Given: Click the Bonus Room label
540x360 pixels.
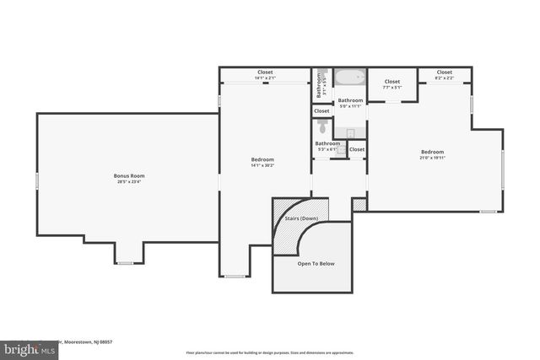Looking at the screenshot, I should (x=129, y=175).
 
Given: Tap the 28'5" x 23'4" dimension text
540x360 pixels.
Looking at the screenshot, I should (x=129, y=181).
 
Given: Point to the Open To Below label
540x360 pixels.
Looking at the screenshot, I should (x=316, y=264).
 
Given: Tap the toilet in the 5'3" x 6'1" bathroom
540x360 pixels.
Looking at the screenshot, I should (x=321, y=126).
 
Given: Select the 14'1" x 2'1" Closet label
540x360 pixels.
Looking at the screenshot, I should (x=265, y=75).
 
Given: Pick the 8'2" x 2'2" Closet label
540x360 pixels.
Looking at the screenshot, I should (x=444, y=75).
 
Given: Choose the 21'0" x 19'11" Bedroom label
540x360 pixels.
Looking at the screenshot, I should (x=433, y=154).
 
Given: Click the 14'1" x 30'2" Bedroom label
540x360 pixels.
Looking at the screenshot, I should (x=262, y=162).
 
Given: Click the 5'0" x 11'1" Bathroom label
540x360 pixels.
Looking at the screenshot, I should (x=349, y=103).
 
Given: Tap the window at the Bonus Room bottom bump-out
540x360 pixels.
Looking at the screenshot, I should (x=125, y=263).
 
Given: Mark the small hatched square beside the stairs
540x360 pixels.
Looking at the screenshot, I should (x=359, y=204).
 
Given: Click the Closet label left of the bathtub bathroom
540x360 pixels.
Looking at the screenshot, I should (x=321, y=110).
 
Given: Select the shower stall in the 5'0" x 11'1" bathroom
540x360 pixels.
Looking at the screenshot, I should (x=350, y=132).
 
